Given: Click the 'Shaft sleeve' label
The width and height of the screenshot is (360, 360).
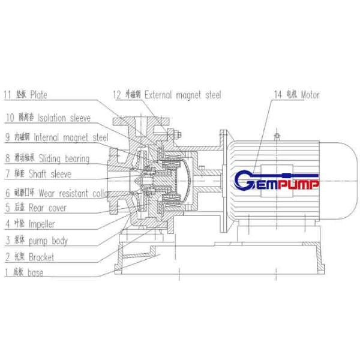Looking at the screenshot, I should (x=51, y=174).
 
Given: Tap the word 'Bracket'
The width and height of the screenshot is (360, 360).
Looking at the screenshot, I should (x=41, y=257).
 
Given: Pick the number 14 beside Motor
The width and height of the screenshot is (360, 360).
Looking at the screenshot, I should (x=277, y=94).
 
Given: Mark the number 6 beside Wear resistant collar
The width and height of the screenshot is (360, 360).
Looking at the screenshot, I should (x=8, y=193).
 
